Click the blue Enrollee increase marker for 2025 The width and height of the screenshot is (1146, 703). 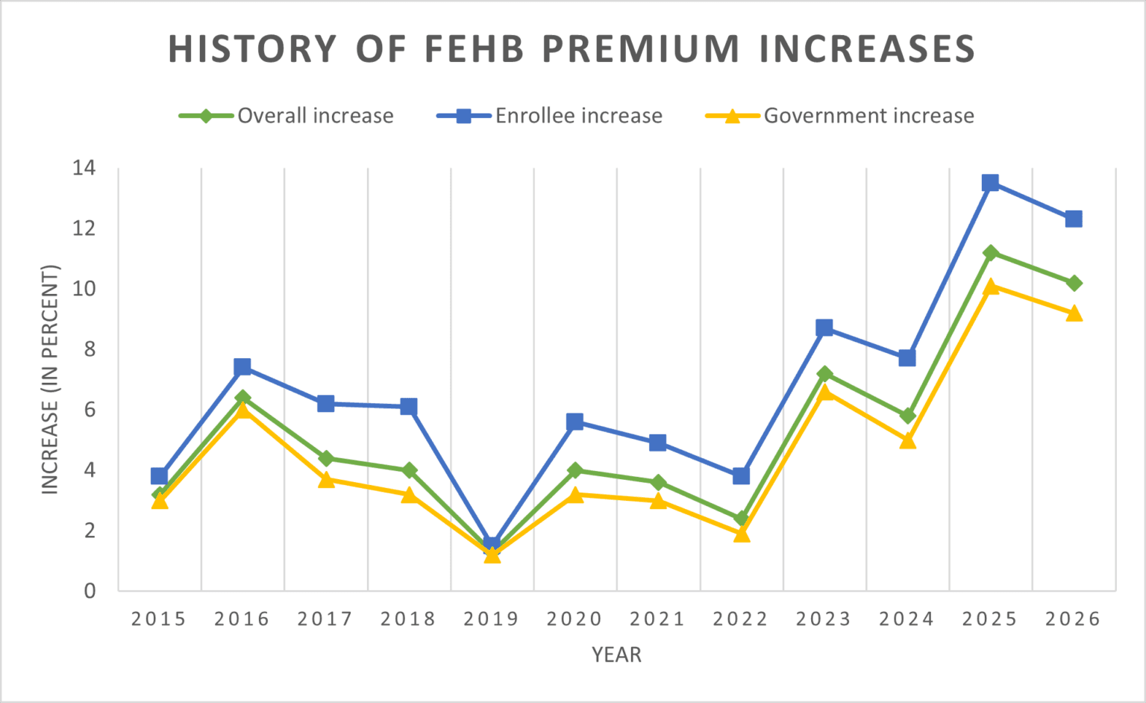click(x=990, y=183)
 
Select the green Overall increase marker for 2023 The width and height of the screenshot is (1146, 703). click(x=824, y=374)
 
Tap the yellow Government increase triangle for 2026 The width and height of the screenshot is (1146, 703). click(x=1074, y=313)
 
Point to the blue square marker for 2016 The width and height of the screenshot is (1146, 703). click(x=242, y=366)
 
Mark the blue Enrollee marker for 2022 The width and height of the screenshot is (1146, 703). click(x=741, y=475)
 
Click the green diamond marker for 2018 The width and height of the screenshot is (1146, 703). click(x=409, y=470)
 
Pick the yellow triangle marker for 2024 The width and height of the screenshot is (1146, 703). click(x=907, y=441)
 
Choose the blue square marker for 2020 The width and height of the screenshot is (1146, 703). click(x=574, y=422)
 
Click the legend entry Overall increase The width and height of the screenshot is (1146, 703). click(x=315, y=116)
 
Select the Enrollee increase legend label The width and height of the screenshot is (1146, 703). click(x=579, y=116)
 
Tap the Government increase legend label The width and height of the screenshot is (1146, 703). click(x=868, y=116)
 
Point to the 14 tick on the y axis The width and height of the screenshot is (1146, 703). click(x=84, y=168)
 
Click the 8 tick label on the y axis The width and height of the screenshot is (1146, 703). click(x=90, y=349)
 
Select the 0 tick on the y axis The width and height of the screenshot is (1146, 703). click(x=90, y=591)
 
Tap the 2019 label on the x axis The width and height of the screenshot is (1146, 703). click(x=491, y=619)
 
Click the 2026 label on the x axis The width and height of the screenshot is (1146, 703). click(x=1073, y=619)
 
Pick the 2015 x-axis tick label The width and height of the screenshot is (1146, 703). click(x=159, y=619)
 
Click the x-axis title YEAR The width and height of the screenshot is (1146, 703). click(x=616, y=654)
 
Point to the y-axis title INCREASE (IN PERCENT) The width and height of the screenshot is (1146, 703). click(x=50, y=379)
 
